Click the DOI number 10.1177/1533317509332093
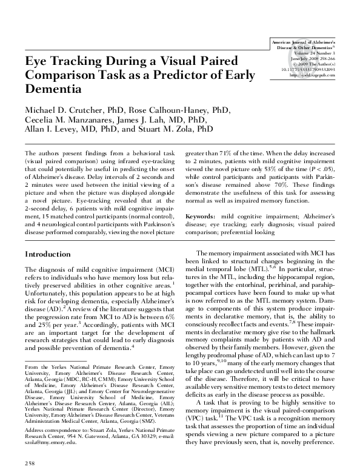tap(312, 70)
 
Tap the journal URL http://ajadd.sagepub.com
tap(313, 75)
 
